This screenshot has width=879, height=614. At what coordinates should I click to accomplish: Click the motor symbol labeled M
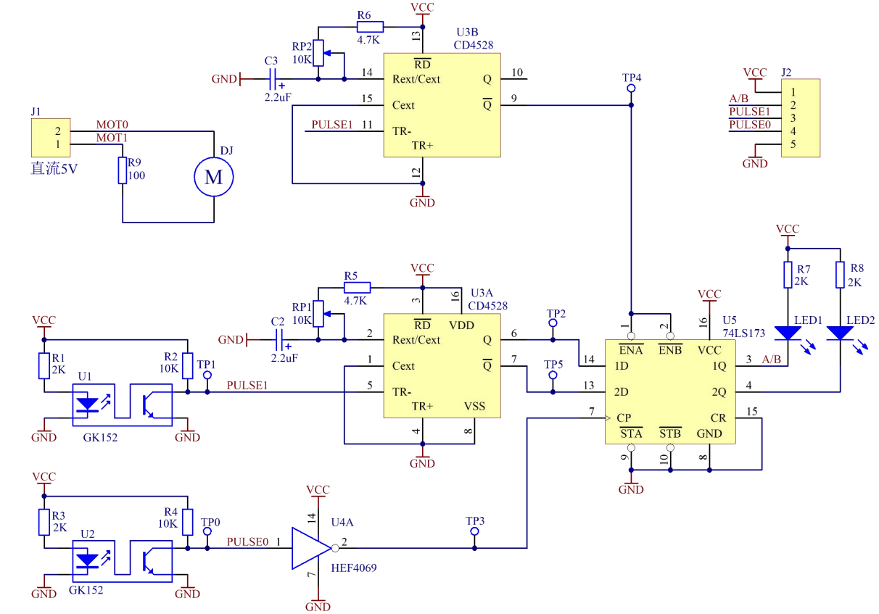[214, 176]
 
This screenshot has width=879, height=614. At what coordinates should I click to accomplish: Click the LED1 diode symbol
[787, 333]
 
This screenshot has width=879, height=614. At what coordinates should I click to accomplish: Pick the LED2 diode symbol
[840, 333]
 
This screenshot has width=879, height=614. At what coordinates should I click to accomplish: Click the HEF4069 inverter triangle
[311, 548]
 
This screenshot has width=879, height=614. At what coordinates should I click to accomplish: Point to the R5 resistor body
[357, 287]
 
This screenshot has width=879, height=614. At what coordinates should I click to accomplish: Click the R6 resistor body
[370, 26]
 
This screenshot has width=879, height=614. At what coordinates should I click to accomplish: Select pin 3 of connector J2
[794, 118]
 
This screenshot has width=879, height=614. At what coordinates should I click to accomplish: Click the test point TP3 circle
[475, 531]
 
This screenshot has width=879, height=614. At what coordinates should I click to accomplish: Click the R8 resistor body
[840, 275]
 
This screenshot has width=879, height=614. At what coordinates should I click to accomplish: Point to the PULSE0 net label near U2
[247, 542]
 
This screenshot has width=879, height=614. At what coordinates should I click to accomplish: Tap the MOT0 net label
[112, 125]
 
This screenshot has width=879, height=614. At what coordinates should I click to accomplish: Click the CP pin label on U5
[623, 418]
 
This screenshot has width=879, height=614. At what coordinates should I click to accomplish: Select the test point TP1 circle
[207, 376]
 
